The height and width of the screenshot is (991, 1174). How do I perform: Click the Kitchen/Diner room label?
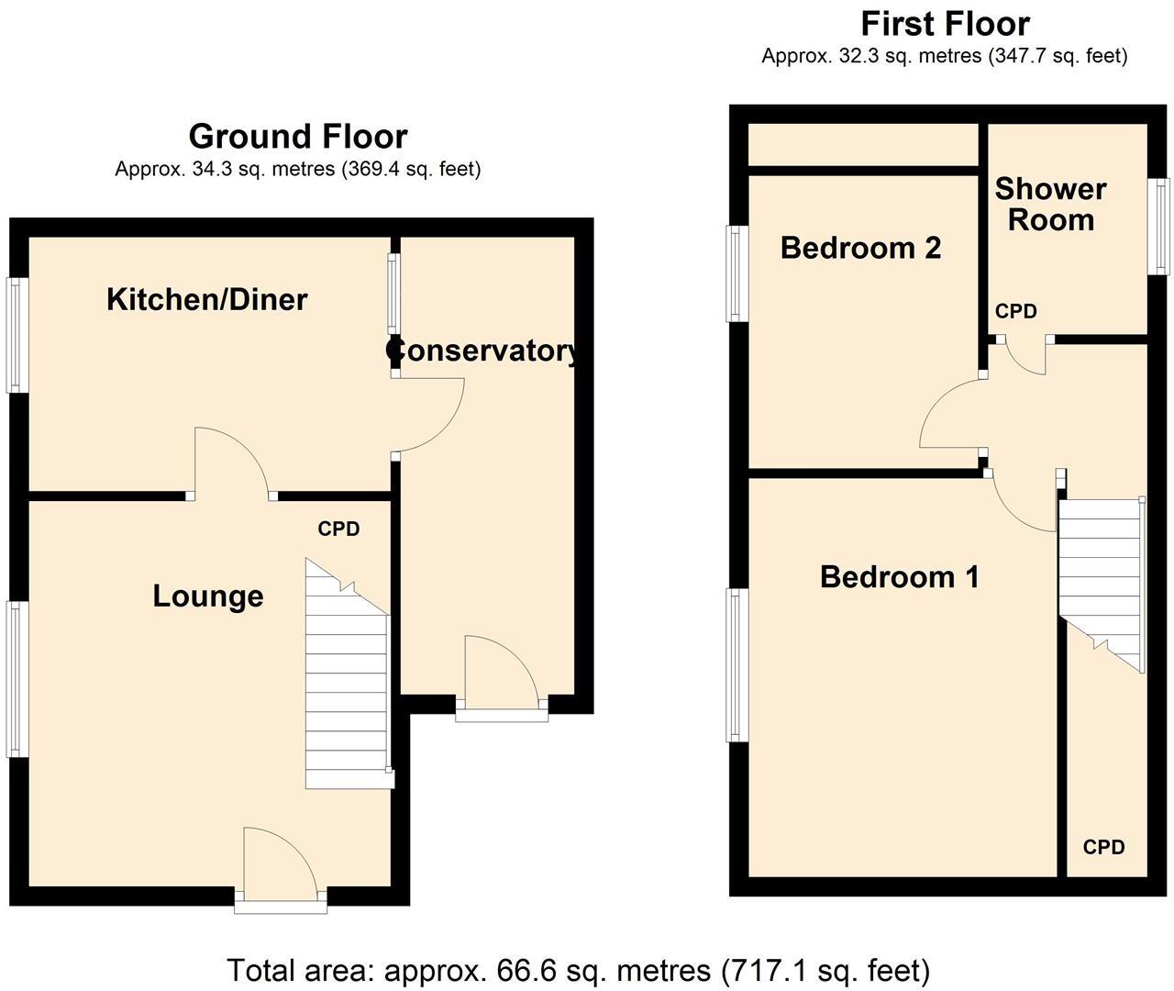[206, 299]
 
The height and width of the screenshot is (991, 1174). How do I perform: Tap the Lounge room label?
[208, 596]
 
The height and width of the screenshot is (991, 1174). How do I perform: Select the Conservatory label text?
[484, 351]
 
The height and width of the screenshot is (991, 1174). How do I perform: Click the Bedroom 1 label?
[899, 577]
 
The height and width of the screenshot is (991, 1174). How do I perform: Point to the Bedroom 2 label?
[860, 248]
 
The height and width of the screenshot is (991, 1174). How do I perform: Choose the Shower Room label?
[1050, 205]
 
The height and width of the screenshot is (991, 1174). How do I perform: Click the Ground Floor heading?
[297, 137]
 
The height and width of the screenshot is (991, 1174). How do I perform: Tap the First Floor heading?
[944, 23]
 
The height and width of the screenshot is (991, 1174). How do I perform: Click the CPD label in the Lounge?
[338, 529]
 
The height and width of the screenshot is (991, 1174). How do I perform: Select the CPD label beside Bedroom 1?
[1103, 848]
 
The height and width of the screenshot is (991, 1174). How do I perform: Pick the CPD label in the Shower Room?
[1015, 312]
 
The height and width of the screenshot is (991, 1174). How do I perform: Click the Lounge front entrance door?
[280, 863]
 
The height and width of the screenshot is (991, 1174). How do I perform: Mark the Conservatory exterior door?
[502, 674]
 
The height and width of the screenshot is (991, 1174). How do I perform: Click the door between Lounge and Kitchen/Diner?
[231, 463]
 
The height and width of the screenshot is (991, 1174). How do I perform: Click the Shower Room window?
[1162, 226]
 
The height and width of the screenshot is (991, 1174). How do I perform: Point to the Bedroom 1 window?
[737, 664]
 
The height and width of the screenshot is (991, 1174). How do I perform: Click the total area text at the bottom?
[578, 970]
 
